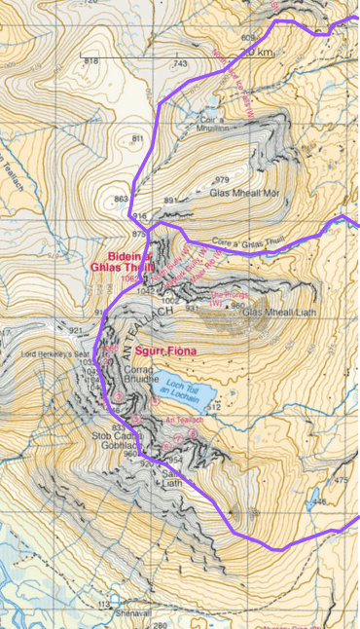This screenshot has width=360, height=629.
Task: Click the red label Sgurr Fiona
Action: [165, 350]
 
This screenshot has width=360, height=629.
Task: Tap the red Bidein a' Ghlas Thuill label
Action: [122, 261]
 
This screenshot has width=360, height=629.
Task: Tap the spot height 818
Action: [91, 61]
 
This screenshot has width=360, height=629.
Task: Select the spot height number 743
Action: [180, 63]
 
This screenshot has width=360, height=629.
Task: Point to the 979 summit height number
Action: [222, 180]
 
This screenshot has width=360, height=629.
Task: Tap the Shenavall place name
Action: [119, 613]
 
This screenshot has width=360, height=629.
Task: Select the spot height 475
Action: [341, 480]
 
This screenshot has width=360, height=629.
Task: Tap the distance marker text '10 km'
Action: [257, 51]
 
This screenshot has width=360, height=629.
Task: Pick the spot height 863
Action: [121, 199]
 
